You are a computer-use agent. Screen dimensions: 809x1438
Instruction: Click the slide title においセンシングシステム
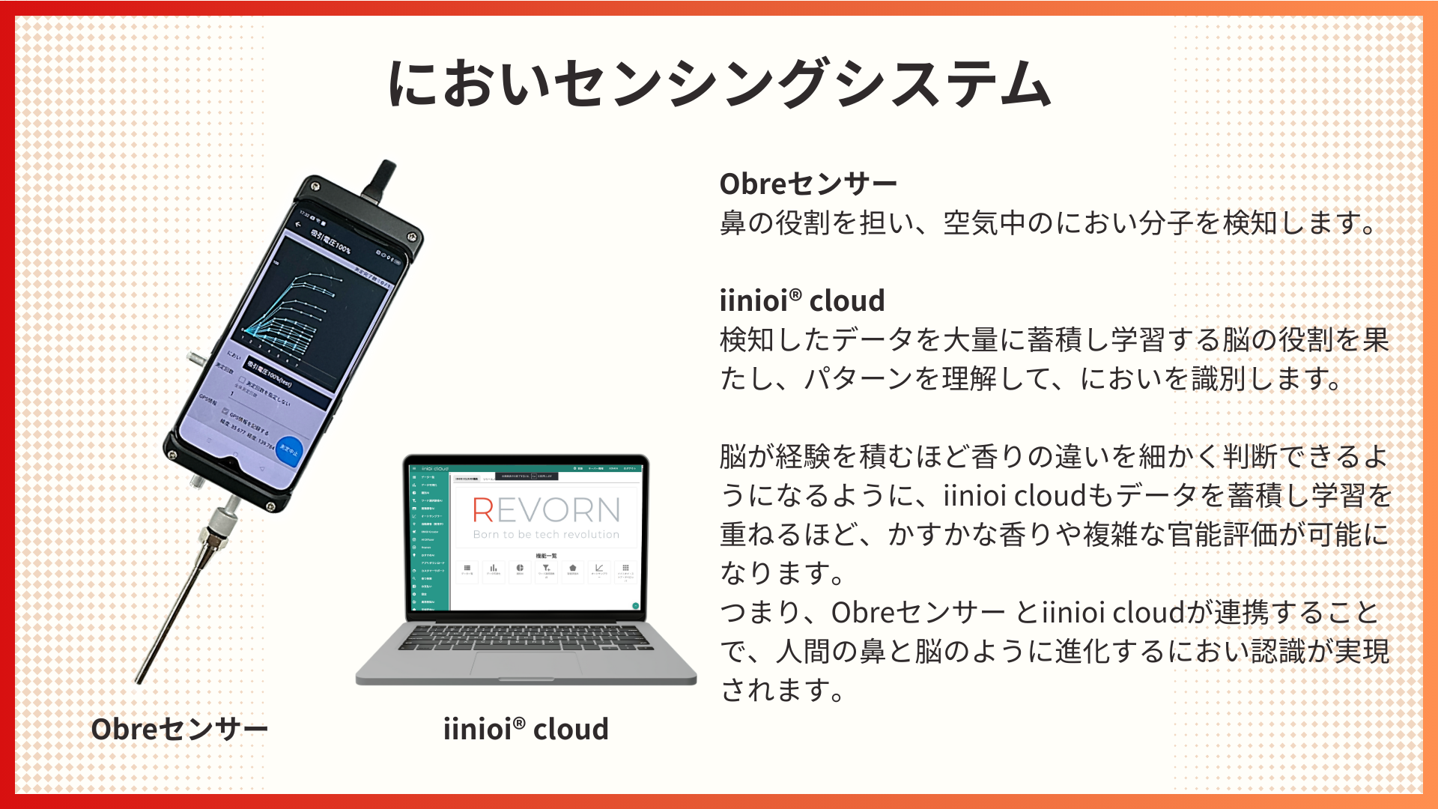click(x=719, y=84)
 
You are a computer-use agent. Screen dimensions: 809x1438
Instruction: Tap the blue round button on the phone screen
click(x=289, y=450)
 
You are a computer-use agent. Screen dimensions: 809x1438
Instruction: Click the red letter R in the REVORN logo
click(x=483, y=511)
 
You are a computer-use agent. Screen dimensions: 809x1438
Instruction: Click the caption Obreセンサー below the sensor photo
click(x=179, y=729)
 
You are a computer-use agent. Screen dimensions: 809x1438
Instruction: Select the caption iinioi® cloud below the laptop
click(x=526, y=729)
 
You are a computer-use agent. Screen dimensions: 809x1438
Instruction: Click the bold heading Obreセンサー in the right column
click(x=807, y=184)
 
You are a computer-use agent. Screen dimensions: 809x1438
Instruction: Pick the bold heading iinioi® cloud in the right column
click(x=801, y=300)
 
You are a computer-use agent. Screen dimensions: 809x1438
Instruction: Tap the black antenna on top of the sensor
click(x=381, y=180)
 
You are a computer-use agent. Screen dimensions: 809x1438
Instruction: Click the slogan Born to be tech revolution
click(x=546, y=535)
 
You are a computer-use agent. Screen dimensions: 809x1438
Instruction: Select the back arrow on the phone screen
click(x=298, y=224)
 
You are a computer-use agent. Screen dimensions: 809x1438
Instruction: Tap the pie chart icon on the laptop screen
click(x=520, y=569)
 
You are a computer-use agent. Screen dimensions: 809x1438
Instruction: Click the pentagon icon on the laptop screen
click(x=572, y=569)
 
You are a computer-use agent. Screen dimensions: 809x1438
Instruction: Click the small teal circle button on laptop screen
click(x=635, y=605)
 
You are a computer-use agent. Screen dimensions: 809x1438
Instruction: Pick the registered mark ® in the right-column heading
click(x=795, y=294)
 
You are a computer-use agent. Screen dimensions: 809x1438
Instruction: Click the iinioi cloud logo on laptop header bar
click(x=435, y=468)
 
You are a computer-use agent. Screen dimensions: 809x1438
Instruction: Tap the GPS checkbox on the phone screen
click(x=225, y=410)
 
